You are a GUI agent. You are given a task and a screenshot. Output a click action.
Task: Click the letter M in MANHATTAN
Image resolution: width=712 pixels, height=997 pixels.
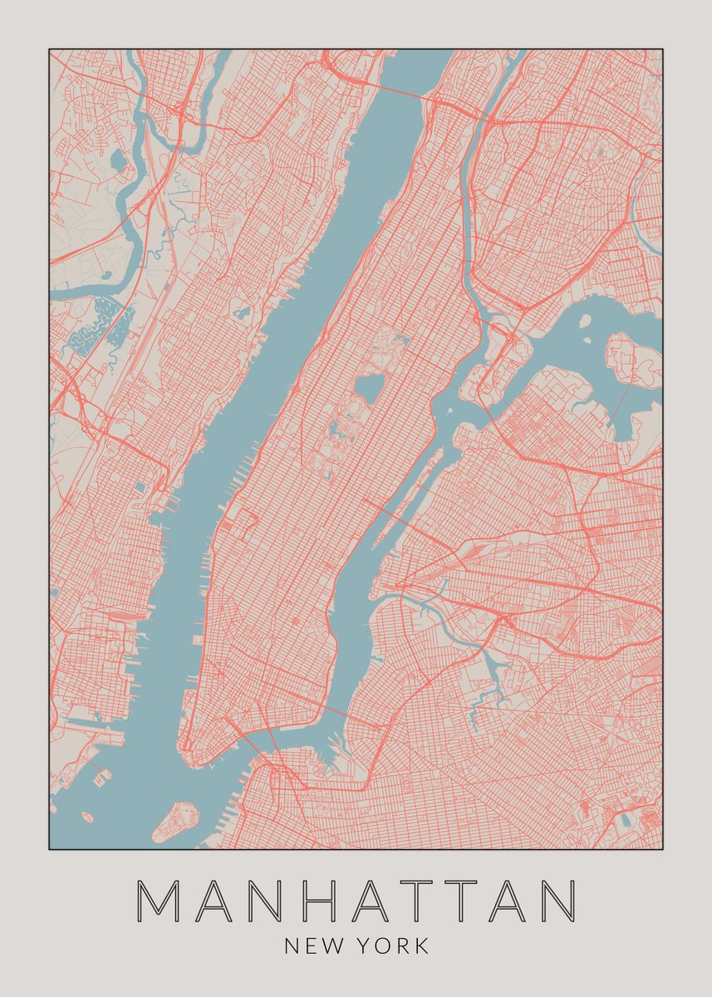(x=157, y=901)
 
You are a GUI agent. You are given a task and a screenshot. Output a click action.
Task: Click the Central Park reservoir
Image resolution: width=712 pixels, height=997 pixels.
(x=366, y=388)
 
